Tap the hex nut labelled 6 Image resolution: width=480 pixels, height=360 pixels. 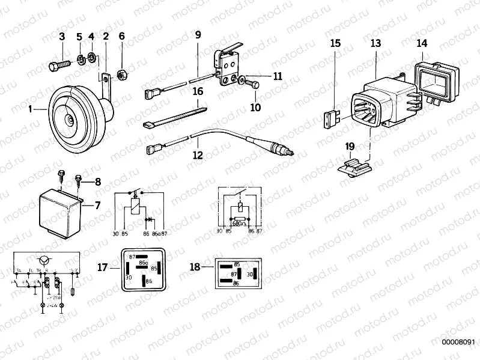pyautogui.click(x=120, y=74)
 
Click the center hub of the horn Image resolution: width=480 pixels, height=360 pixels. pyautogui.click(x=71, y=120)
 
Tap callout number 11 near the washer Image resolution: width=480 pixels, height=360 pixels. pyautogui.click(x=277, y=76)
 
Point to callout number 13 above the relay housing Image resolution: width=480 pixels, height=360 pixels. pyautogui.click(x=375, y=43)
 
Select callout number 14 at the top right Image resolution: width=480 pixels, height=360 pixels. pyautogui.click(x=422, y=43)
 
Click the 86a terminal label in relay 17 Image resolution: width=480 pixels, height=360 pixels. pyautogui.click(x=144, y=263)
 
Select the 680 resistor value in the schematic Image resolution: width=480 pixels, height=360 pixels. pyautogui.click(x=238, y=223)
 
